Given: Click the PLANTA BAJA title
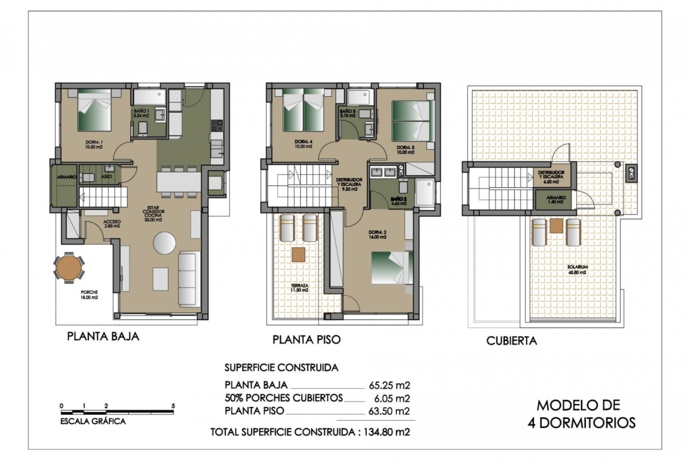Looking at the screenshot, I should click(x=103, y=336).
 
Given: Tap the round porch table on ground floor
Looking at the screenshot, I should click(x=69, y=268).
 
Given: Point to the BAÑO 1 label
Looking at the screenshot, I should click(x=141, y=113).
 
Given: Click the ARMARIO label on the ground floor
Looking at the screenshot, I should click(x=67, y=177).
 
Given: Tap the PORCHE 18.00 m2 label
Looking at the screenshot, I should click(x=89, y=295).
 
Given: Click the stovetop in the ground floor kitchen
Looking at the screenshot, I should click(x=217, y=126).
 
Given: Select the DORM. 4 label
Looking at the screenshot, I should click(x=303, y=144).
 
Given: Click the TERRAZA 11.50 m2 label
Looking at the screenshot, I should click(x=299, y=288).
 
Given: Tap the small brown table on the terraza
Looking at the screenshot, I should click(x=298, y=254).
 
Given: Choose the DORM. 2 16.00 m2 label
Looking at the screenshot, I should click(x=378, y=234).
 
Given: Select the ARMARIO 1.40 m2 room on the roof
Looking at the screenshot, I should click(x=556, y=200).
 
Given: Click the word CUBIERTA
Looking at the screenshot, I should click(x=511, y=341).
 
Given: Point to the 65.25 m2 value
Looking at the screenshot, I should click(x=389, y=385).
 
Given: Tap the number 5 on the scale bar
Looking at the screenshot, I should click(x=173, y=406).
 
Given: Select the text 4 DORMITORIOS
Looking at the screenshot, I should click(x=581, y=423).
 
